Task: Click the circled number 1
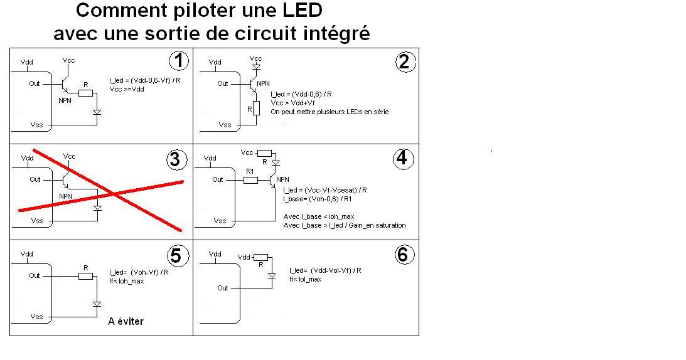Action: pyautogui.click(x=180, y=61)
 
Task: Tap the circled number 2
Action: pyautogui.click(x=404, y=61)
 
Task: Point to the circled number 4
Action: pyautogui.click(x=402, y=159)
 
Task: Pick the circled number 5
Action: pyautogui.click(x=176, y=255)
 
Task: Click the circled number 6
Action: pyautogui.click(x=402, y=254)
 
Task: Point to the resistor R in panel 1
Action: pyautogui.click(x=85, y=93)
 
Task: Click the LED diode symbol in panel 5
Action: pyautogui.click(x=97, y=304)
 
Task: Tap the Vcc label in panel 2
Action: pyautogui.click(x=255, y=58)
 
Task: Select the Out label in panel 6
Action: pyautogui.click(x=223, y=288)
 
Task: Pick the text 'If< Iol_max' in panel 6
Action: pyautogui.click(x=306, y=279)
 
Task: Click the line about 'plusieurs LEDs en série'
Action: pyautogui.click(x=330, y=112)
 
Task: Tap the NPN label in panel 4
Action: pyautogui.click(x=282, y=179)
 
